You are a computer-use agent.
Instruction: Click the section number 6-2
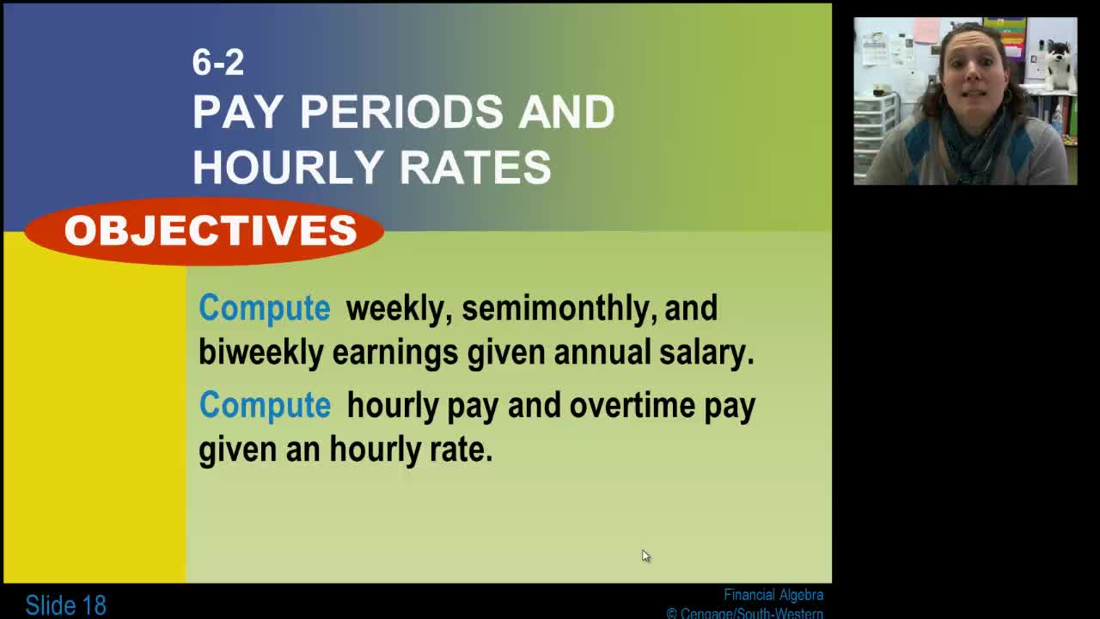[218, 62]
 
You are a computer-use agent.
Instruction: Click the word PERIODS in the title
[401, 113]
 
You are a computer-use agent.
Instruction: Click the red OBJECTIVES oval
[205, 230]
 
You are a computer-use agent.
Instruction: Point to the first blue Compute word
[264, 308]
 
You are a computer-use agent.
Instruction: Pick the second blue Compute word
[265, 405]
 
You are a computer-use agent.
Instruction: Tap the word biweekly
[260, 352]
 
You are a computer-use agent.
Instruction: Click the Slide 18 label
[65, 605]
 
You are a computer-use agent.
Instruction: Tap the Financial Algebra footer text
[773, 595]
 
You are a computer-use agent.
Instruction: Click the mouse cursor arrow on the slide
[645, 555]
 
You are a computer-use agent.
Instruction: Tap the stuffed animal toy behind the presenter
[1059, 64]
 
